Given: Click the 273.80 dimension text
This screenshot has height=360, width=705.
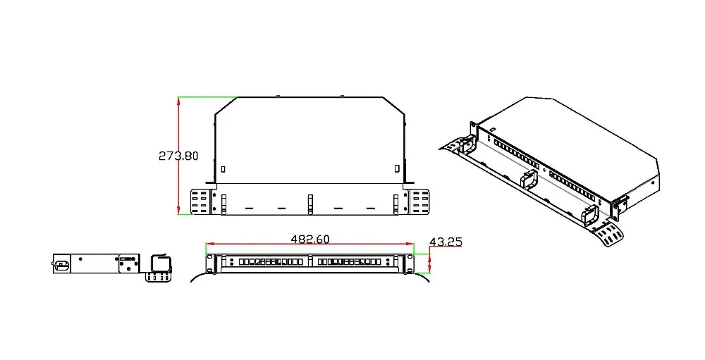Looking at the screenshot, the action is point(178,156).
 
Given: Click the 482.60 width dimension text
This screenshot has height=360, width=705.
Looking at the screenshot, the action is point(309,239).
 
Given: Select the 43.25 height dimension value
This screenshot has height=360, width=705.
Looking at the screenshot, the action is point(446,242).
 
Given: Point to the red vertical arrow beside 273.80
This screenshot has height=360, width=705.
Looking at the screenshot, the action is point(179,156).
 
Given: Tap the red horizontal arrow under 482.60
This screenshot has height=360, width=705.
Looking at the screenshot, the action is point(309,244).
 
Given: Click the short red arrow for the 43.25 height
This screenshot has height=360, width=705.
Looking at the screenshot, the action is point(430,263).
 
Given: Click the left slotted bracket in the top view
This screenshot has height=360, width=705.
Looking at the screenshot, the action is point(200,201).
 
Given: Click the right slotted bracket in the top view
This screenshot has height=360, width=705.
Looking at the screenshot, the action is point(419,201).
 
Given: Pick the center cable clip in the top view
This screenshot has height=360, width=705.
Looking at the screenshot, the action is point(309,204).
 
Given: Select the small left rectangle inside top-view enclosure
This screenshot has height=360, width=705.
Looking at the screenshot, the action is point(223,170).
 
